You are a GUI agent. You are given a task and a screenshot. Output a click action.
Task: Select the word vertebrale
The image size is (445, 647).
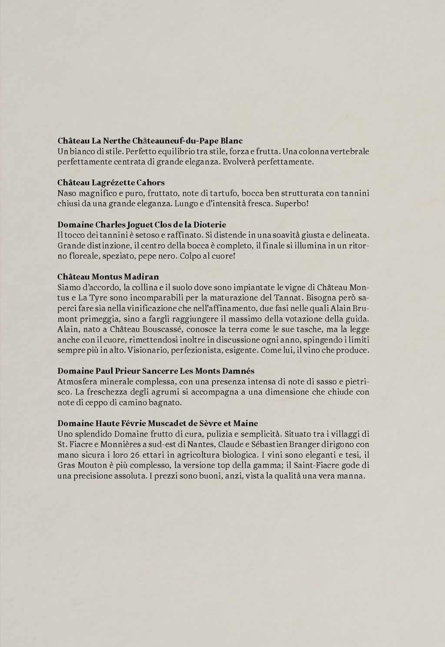(350, 152)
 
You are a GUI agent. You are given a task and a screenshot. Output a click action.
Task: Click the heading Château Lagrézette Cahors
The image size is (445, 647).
(111, 182)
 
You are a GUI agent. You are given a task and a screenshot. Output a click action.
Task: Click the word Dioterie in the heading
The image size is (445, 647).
(210, 225)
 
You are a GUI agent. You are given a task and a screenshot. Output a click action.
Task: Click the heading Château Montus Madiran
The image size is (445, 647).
(108, 277)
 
